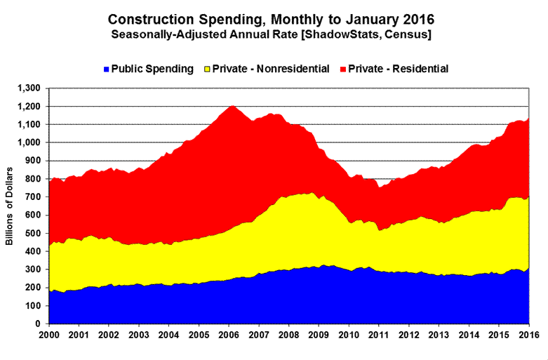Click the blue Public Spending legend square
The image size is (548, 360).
tap(107, 69)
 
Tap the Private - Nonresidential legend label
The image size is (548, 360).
tap(270, 69)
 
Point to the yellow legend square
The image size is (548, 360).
tap(207, 69)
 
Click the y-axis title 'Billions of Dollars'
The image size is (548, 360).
tap(11, 207)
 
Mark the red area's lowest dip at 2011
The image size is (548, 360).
tap(380, 187)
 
